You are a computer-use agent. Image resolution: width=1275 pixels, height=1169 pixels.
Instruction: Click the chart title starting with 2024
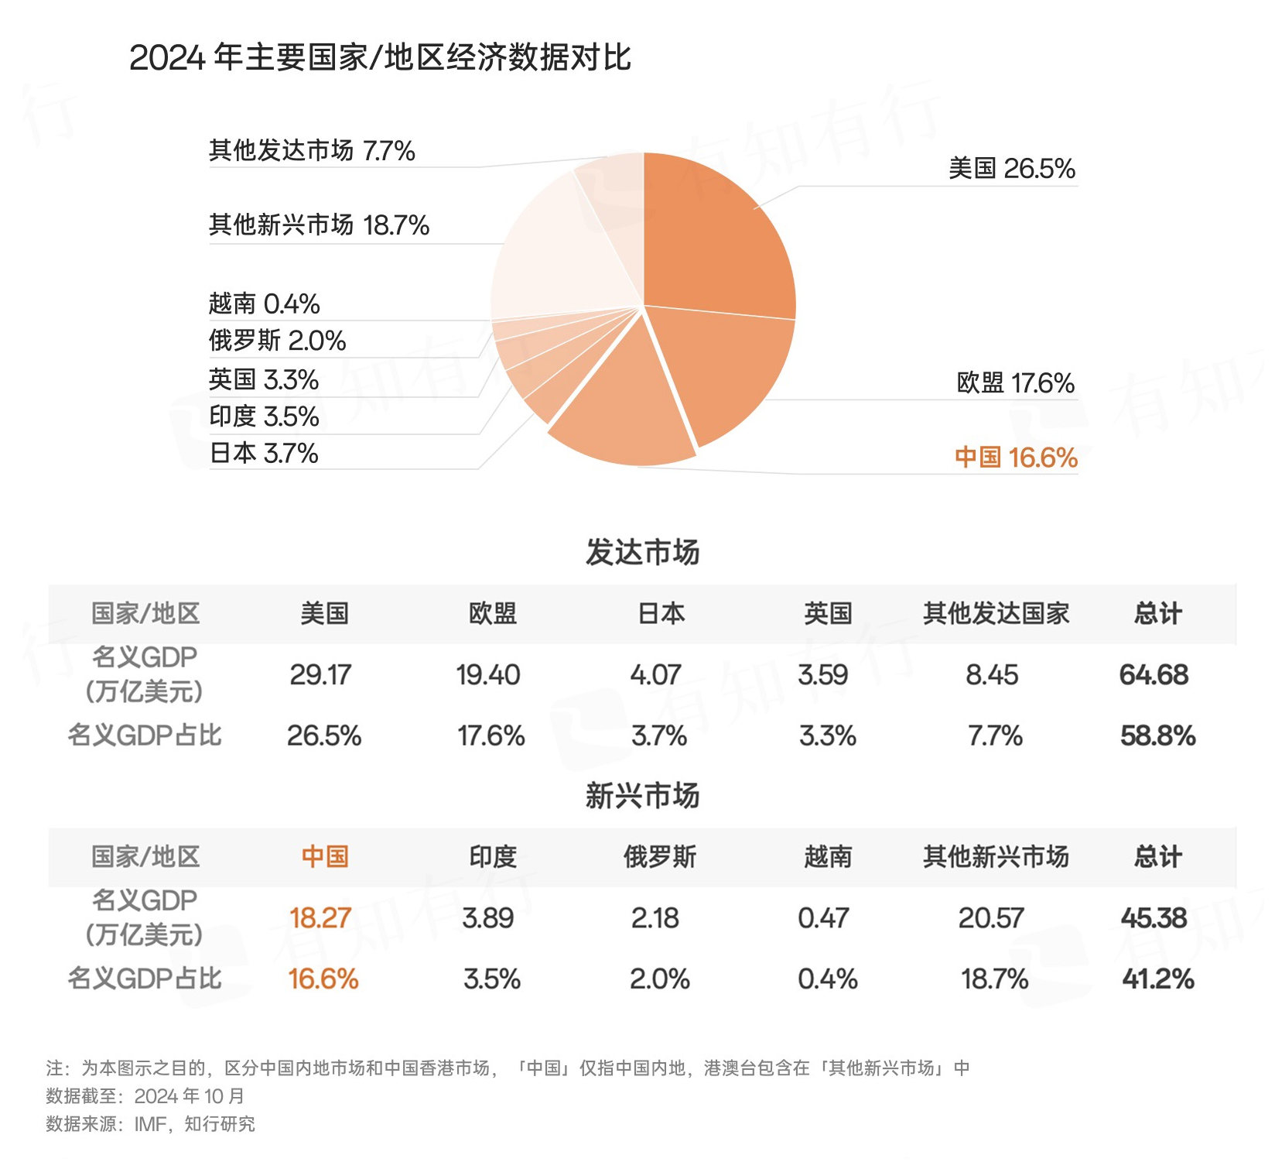[380, 58]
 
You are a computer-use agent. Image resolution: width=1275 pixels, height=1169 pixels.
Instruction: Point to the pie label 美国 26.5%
[1011, 169]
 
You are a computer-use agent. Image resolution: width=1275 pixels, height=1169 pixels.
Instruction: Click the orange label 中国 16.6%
[1016, 458]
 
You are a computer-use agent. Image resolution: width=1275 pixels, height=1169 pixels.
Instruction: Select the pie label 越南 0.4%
[264, 303]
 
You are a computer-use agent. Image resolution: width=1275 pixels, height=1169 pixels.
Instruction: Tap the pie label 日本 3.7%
[264, 453]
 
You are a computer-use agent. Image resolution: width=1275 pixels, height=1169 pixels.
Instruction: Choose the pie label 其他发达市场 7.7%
[312, 150]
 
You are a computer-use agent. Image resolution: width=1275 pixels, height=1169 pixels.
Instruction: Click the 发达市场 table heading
[642, 553]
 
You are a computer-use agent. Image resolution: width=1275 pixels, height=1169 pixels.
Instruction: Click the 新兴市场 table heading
[642, 796]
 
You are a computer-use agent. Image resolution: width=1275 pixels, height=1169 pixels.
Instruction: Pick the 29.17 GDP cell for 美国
[320, 675]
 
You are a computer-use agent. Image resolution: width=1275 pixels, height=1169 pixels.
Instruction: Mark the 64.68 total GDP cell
[1154, 675]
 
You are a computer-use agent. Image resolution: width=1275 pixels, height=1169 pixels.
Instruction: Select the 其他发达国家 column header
[996, 614]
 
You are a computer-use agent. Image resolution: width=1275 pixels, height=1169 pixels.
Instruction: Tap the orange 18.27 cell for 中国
[320, 918]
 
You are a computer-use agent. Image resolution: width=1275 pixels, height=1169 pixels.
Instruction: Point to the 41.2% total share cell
[1158, 979]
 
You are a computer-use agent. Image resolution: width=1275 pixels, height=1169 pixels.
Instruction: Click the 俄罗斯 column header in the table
[660, 857]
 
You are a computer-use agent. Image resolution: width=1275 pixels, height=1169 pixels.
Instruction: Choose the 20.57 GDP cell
[991, 918]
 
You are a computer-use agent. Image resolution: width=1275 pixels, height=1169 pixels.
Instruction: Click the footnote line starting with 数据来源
[150, 1123]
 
